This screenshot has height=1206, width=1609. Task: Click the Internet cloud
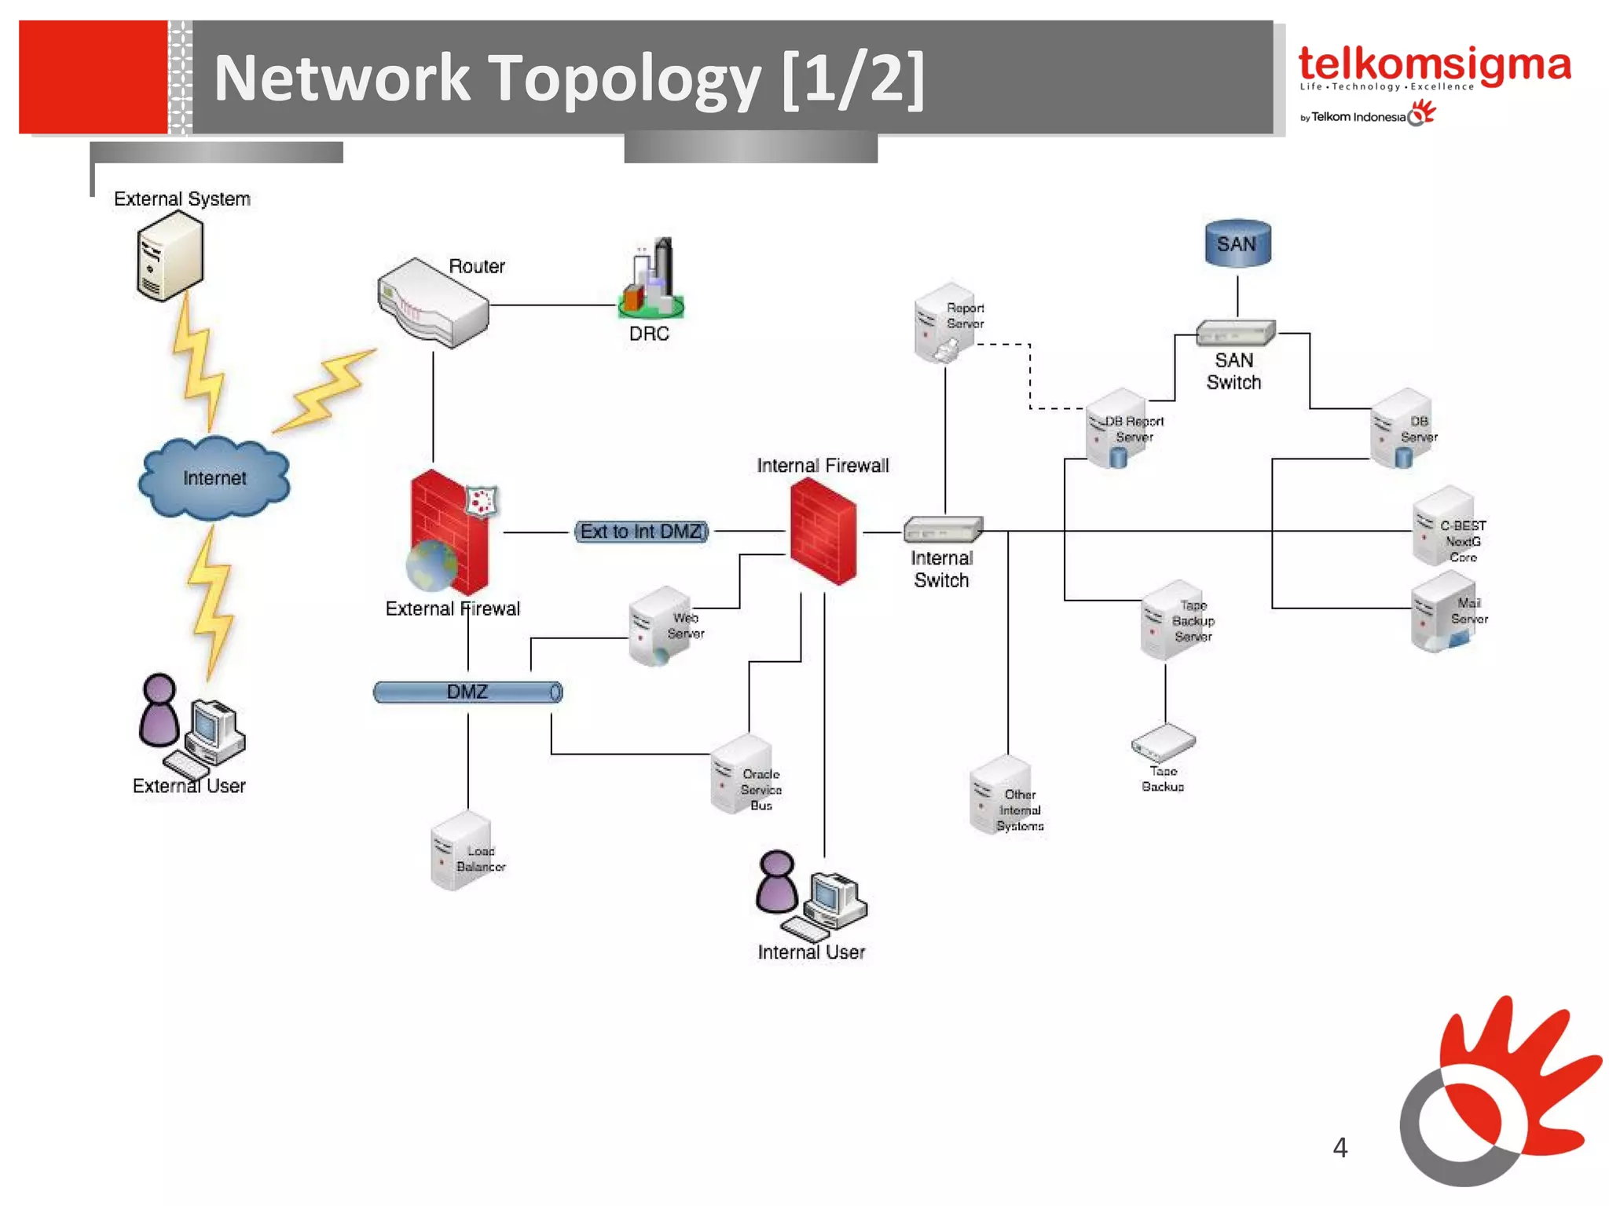click(x=214, y=477)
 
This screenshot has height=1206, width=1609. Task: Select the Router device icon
click(x=433, y=303)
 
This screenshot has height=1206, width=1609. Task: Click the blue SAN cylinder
click(x=1237, y=243)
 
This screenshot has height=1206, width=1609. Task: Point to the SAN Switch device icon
click(x=1235, y=333)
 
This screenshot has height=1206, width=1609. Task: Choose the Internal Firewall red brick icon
click(x=823, y=532)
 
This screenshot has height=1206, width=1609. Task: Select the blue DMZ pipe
click(x=468, y=692)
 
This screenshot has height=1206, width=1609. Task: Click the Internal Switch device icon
click(x=943, y=530)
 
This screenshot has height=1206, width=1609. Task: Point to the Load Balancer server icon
click(x=461, y=851)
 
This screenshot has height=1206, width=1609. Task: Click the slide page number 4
click(x=1340, y=1148)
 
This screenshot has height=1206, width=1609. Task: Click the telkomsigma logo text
click(x=1434, y=64)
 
